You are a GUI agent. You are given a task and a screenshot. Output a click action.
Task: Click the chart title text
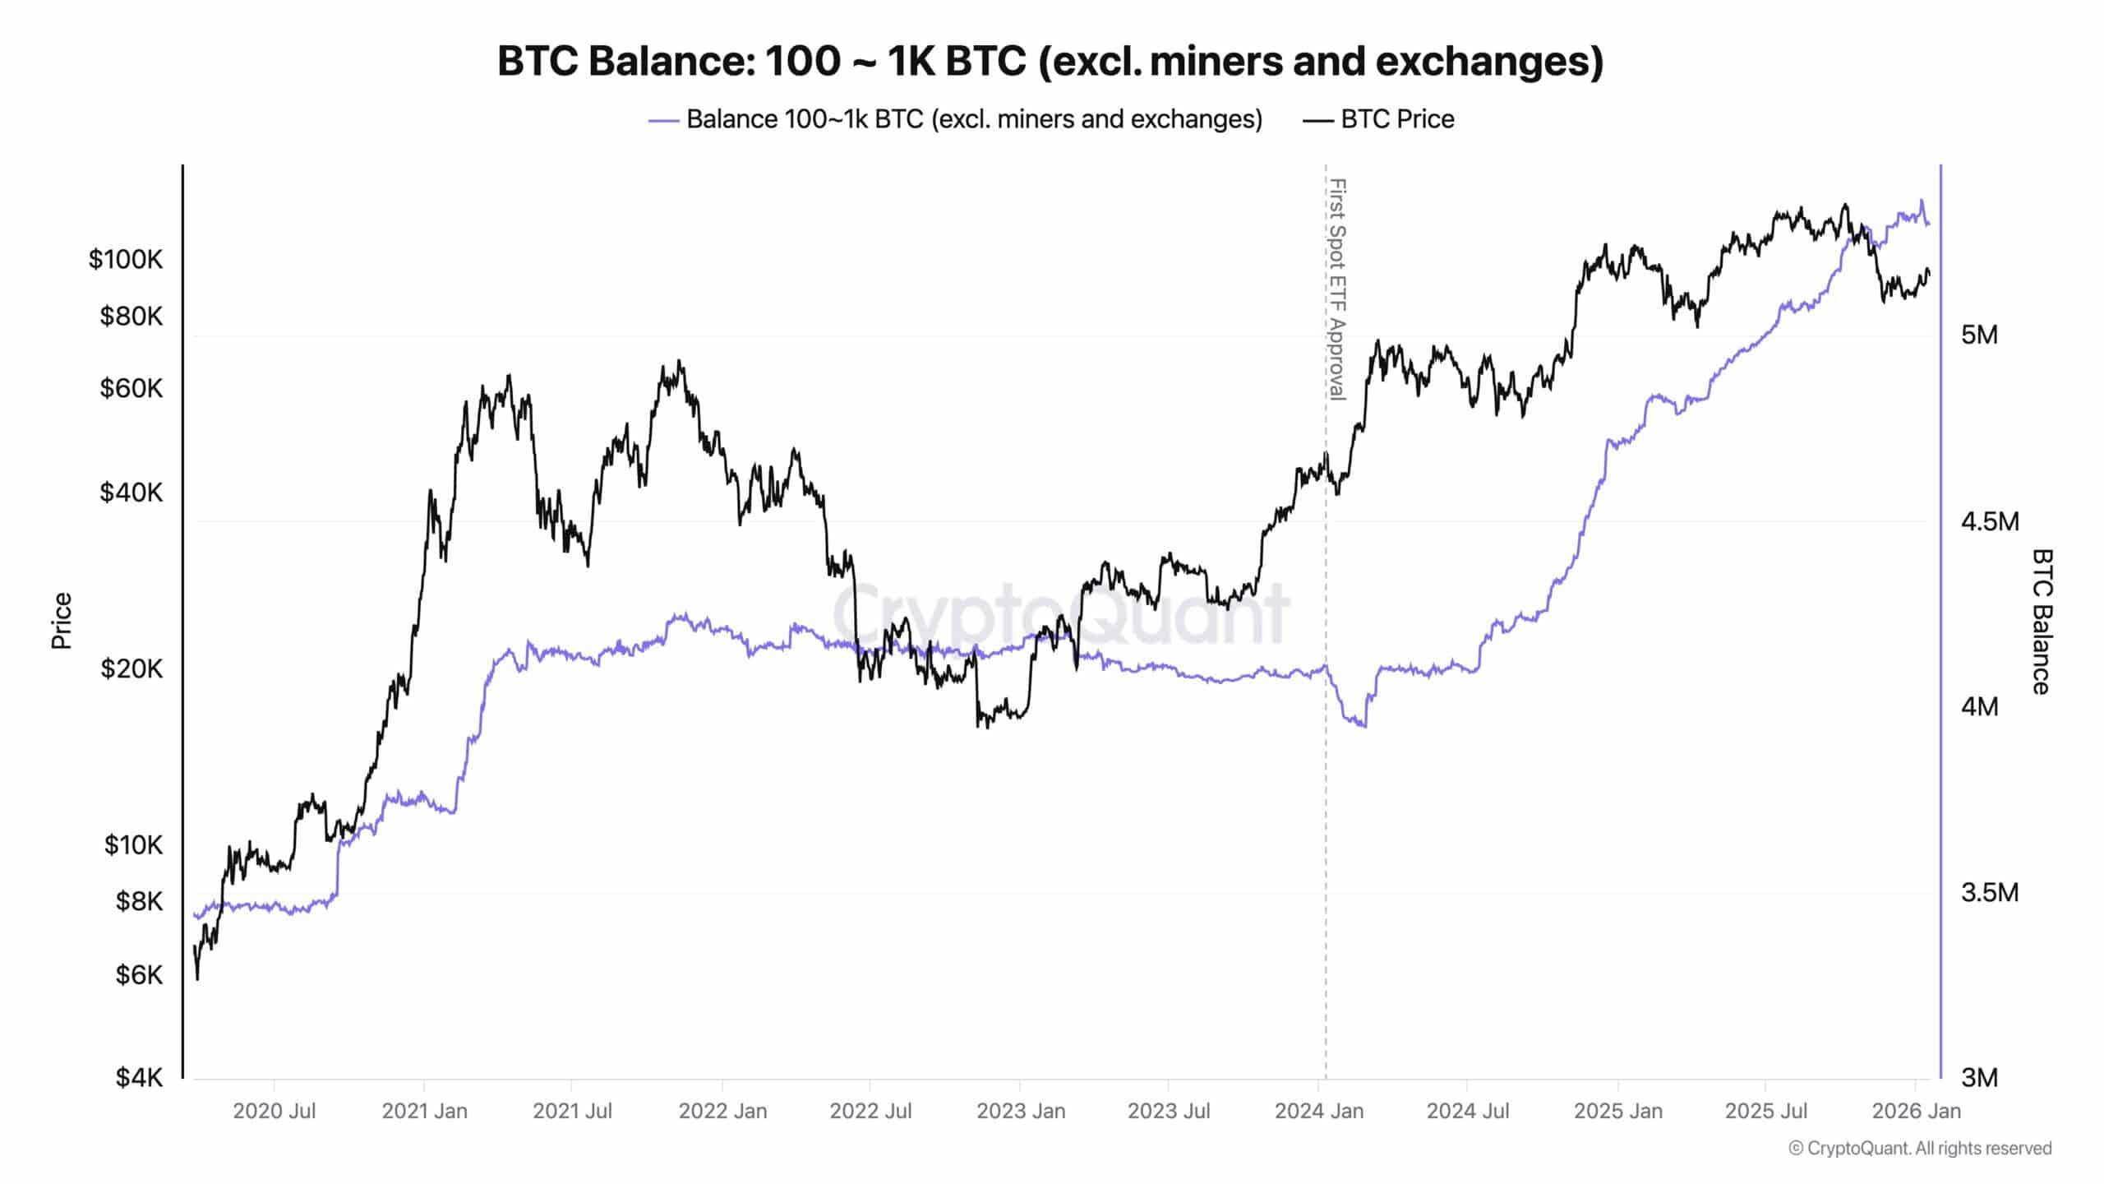point(1050,61)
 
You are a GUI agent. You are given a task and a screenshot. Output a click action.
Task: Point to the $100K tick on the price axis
point(126,260)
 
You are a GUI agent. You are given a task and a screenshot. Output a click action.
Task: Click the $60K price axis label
point(131,388)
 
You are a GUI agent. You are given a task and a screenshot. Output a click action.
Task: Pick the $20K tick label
point(131,668)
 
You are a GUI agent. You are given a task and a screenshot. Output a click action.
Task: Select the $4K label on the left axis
point(139,1077)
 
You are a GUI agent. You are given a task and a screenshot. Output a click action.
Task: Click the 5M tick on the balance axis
point(1979,335)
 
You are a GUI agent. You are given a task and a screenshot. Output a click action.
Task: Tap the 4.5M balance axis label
point(1989,521)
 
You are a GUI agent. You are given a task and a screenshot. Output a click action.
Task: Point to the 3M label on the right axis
point(1979,1077)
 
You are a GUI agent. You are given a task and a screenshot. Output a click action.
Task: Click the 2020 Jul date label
point(274,1111)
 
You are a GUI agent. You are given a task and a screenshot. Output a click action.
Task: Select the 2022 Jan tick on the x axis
point(722,1111)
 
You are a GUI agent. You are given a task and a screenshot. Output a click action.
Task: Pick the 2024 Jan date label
point(1318,1111)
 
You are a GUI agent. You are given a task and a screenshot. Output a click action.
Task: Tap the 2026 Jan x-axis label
point(1916,1111)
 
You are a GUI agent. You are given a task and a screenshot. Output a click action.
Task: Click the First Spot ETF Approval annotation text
point(1338,289)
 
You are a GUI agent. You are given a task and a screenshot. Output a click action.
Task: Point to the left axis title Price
point(62,621)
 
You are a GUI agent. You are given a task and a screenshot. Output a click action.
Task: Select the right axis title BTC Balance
point(2042,622)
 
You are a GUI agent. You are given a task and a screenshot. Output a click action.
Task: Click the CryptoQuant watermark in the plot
point(1060,613)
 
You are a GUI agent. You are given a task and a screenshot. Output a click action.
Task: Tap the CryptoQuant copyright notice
point(1920,1148)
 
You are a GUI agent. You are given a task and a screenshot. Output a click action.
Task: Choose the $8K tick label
point(139,901)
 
